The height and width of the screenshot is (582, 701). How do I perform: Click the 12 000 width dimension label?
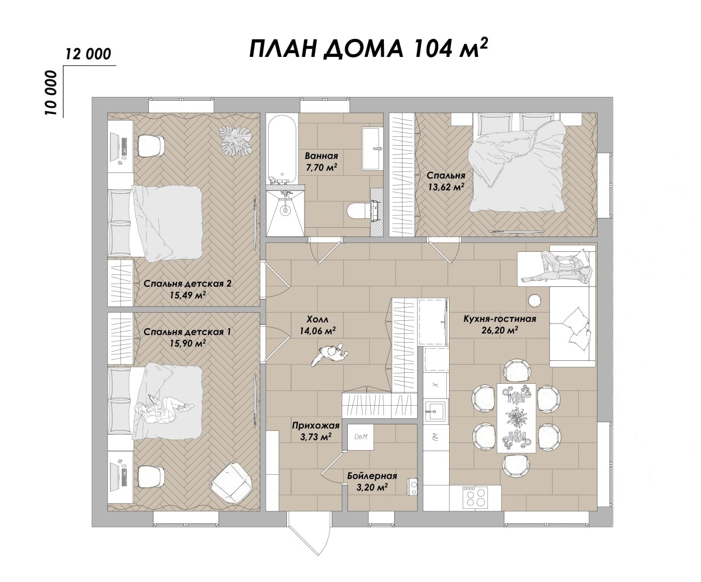point(88,54)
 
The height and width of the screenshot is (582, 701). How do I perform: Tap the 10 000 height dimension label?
point(51,93)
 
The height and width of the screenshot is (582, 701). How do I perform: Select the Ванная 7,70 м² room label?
point(321,162)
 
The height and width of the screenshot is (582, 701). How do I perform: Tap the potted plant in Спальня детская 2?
point(235,141)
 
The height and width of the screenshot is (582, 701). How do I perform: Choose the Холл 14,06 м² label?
point(318,325)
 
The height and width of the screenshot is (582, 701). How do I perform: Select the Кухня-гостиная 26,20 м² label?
point(499,324)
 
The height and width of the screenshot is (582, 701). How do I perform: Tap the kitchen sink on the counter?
point(435,411)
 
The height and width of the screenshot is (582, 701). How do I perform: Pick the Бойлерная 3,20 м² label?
point(372,481)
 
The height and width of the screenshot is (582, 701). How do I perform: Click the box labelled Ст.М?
point(361,437)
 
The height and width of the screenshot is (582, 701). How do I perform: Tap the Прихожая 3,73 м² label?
point(315,431)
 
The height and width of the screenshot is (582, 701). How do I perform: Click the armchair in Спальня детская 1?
point(232,482)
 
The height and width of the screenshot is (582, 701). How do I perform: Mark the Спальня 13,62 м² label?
point(446,181)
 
